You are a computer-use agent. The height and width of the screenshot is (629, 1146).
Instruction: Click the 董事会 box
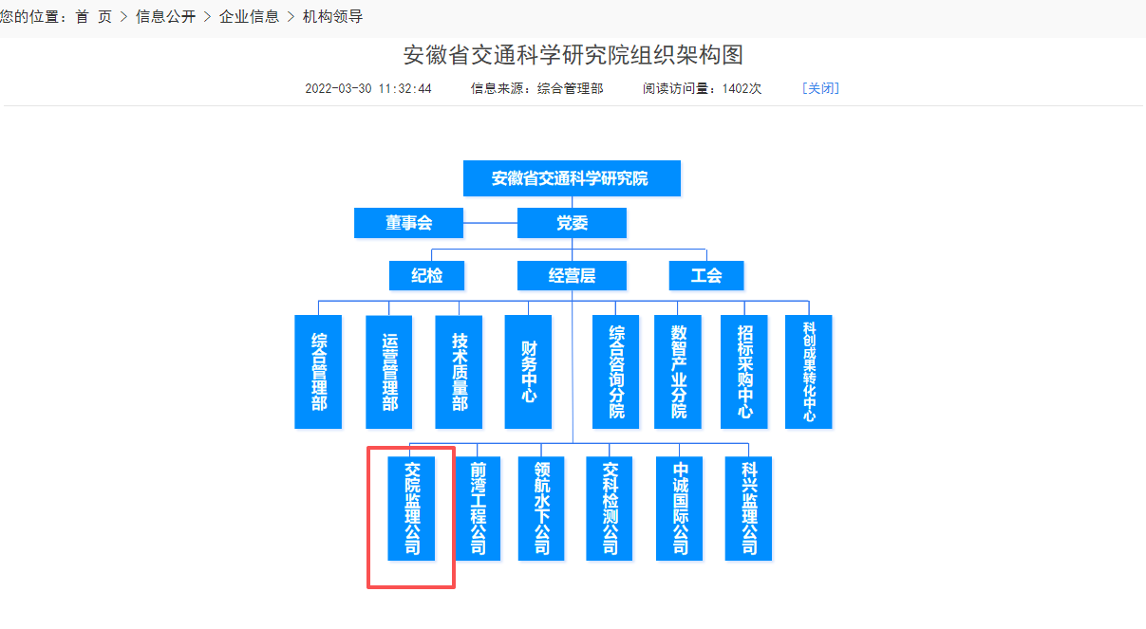tap(408, 223)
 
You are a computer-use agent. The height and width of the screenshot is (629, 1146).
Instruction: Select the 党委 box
tap(572, 223)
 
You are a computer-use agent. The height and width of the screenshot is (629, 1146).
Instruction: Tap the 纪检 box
tap(426, 276)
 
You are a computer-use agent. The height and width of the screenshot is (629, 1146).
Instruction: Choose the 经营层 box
tap(572, 276)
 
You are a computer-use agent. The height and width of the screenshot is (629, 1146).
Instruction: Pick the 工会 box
tap(705, 276)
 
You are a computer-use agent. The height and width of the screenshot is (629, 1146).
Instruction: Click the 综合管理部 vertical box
tap(318, 372)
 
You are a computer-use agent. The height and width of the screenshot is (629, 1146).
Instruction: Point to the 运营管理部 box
tap(389, 372)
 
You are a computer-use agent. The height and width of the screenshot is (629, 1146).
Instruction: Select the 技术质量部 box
tap(459, 372)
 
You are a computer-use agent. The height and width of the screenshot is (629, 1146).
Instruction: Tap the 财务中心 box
tap(528, 372)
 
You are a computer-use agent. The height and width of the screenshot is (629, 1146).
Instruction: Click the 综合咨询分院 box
tap(616, 372)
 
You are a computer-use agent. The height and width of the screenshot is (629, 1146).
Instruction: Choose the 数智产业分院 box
tap(678, 372)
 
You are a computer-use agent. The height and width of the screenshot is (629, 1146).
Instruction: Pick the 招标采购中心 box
tap(743, 372)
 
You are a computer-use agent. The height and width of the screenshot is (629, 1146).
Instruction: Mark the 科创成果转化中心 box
tap(809, 372)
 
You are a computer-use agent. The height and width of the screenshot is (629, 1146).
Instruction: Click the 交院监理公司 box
tap(411, 509)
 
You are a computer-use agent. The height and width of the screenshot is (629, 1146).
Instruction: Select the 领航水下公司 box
tap(541, 509)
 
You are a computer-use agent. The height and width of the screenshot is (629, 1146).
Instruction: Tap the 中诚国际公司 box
tap(680, 509)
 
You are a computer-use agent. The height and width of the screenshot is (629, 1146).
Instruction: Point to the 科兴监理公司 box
tap(748, 509)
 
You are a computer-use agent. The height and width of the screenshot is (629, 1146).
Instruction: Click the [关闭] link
tap(820, 88)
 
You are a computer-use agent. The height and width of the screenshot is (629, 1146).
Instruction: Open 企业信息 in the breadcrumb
tap(249, 17)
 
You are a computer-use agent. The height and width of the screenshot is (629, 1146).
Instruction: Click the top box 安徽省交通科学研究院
tap(572, 178)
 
